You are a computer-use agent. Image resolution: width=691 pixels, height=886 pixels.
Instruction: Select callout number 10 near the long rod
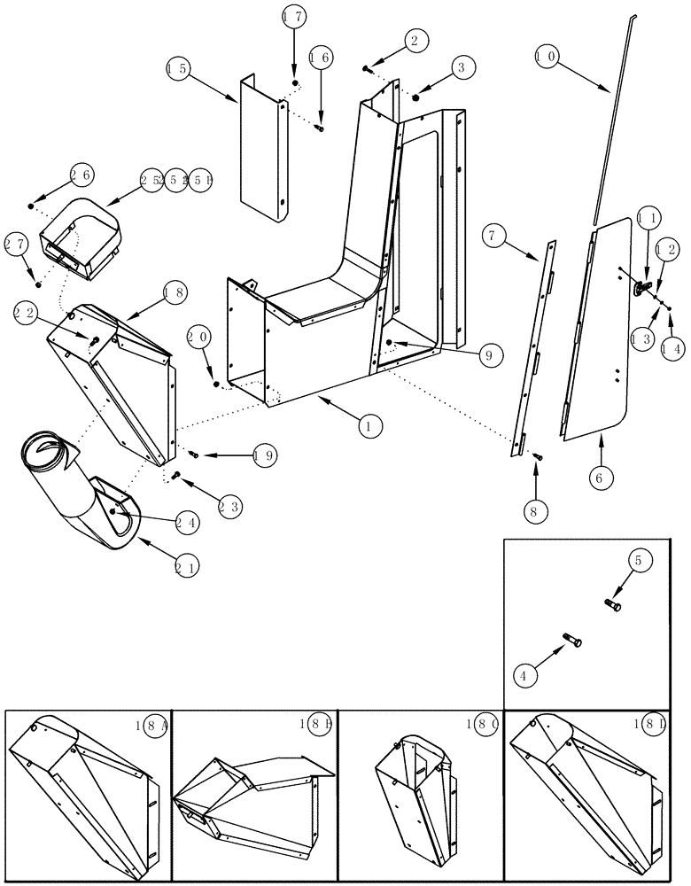click(x=548, y=58)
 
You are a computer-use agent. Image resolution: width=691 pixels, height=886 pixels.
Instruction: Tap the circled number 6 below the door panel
click(x=600, y=477)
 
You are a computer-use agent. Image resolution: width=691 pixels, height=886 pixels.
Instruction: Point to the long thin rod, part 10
click(x=616, y=115)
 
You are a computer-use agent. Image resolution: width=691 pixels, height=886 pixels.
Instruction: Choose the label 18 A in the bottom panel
click(x=151, y=725)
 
